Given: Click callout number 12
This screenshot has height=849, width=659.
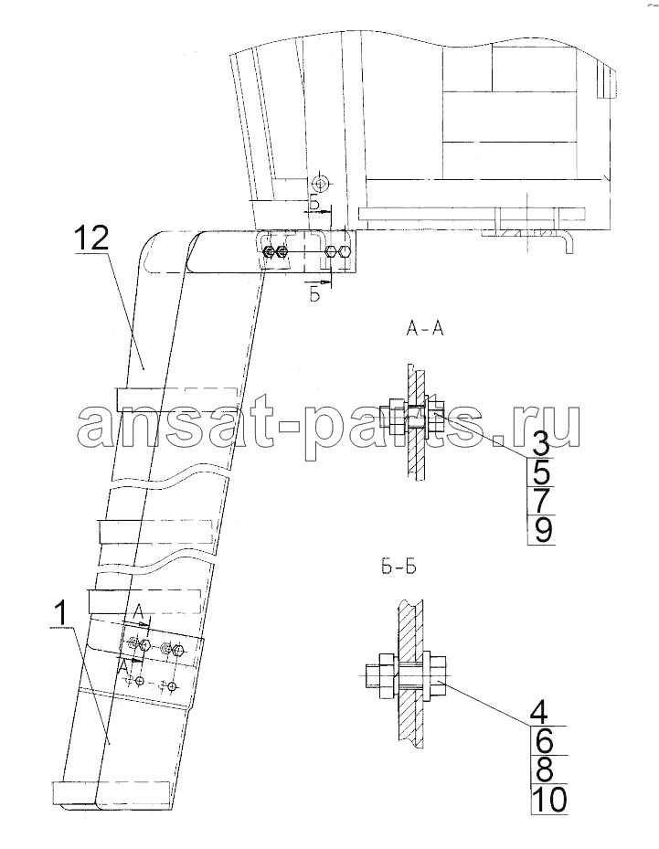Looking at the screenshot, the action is point(91,239).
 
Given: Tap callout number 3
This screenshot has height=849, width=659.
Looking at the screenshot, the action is point(540,445).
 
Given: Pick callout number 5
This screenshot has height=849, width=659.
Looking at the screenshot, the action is point(541,472).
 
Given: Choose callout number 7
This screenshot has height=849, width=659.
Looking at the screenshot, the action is point(541,501).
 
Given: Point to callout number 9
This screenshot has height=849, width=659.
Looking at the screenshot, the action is point(541,529).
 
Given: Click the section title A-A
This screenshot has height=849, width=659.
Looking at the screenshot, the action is point(424,329).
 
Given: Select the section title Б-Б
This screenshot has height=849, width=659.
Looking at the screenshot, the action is point(396,568).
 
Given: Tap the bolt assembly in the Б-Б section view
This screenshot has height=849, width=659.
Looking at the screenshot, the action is point(404,674).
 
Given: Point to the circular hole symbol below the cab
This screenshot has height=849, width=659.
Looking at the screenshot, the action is point(321,184).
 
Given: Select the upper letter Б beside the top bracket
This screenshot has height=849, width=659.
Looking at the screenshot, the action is point(314,203).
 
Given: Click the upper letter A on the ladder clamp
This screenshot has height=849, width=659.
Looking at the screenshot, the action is point(137,612).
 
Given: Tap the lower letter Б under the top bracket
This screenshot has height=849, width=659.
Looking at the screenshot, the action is point(314,295).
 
